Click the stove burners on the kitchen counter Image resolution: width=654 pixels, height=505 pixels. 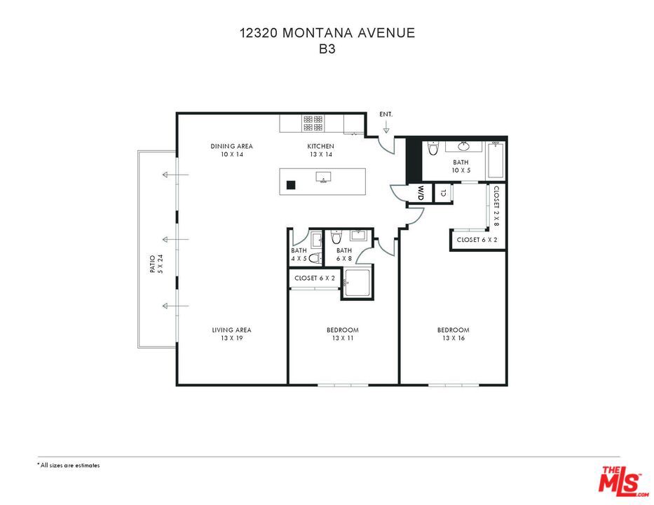313,123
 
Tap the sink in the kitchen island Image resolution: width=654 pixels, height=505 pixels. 323,177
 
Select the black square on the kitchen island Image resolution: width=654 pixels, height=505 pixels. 289,186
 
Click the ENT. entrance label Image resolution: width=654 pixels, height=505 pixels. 386,114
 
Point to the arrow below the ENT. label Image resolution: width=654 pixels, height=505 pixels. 386,127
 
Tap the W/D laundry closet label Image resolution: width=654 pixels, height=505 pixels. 421,192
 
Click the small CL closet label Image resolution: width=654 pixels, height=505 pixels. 443,192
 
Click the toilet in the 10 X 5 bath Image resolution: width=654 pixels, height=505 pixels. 432,149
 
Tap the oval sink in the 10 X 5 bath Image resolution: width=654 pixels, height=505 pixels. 463,147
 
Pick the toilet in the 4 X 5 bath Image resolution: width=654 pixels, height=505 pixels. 315,258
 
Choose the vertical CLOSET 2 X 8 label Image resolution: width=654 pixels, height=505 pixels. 496,206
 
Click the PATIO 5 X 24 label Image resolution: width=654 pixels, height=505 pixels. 156,265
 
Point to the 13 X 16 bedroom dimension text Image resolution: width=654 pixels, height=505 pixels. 453,338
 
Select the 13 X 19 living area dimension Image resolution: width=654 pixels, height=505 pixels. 231,338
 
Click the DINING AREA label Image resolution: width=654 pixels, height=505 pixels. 231,146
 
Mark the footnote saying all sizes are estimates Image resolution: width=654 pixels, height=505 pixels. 69,465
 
